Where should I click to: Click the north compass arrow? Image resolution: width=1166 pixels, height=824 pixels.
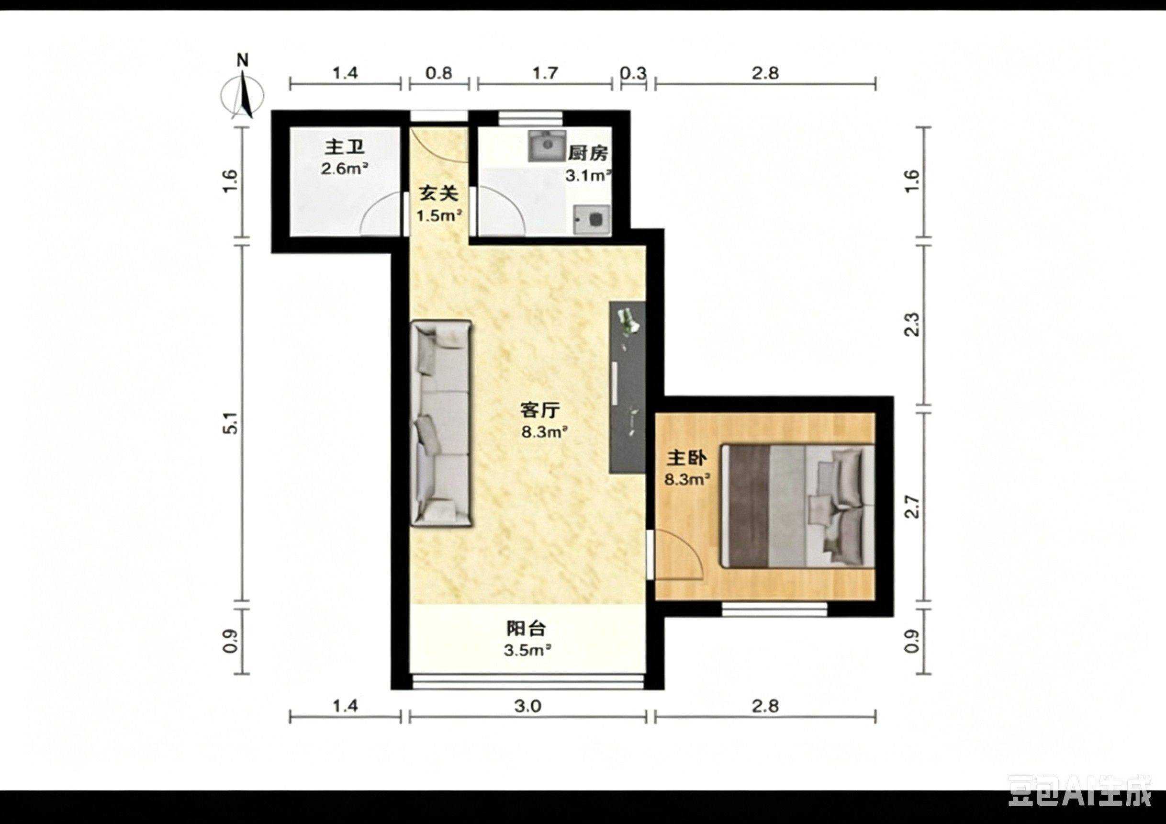(247, 95)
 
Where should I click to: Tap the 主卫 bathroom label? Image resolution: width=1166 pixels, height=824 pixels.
(345, 147)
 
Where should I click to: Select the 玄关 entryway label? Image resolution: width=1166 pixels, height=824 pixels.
(438, 193)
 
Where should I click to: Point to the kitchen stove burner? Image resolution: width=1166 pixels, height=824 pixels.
(592, 219)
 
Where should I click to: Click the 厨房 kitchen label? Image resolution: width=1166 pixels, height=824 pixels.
(588, 153)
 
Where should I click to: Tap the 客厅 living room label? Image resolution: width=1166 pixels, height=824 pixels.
(540, 409)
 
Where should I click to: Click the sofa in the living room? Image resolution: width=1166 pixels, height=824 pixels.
(441, 423)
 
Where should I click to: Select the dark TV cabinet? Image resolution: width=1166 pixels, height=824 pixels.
(628, 388)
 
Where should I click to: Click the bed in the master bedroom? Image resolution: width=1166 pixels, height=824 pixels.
(798, 506)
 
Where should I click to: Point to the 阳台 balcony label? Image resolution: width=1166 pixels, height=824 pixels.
(526, 629)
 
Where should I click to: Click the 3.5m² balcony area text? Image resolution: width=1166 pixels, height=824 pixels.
(527, 650)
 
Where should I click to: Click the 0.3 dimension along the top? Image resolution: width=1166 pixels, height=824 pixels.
(633, 73)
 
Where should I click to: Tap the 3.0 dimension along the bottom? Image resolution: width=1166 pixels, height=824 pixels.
(527, 706)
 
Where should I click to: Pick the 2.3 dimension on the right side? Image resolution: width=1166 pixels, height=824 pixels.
(913, 324)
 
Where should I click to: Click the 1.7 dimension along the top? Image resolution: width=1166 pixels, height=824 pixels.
(545, 73)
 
